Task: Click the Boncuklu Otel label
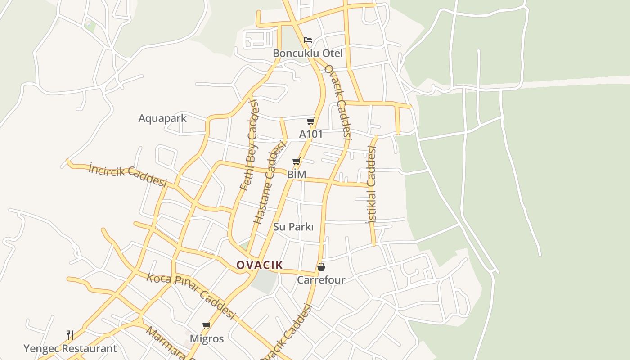308,53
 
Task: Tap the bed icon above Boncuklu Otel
308,40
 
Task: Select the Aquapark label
162,118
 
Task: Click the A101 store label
311,134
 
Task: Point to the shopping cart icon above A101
310,121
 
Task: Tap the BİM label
297,174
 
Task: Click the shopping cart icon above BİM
296,161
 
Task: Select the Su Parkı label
293,227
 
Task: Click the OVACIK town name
260,265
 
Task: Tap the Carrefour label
321,280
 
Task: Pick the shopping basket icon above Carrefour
321,267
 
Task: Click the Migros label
207,338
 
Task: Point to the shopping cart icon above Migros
206,325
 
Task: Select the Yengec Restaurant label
70,348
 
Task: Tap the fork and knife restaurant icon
70,335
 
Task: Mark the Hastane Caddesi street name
270,182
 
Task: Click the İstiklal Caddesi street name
371,184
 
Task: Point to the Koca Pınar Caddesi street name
191,296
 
